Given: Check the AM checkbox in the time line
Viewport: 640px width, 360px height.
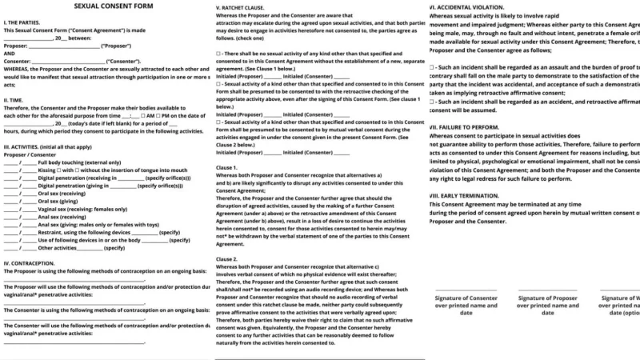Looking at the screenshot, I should click(142, 116).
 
